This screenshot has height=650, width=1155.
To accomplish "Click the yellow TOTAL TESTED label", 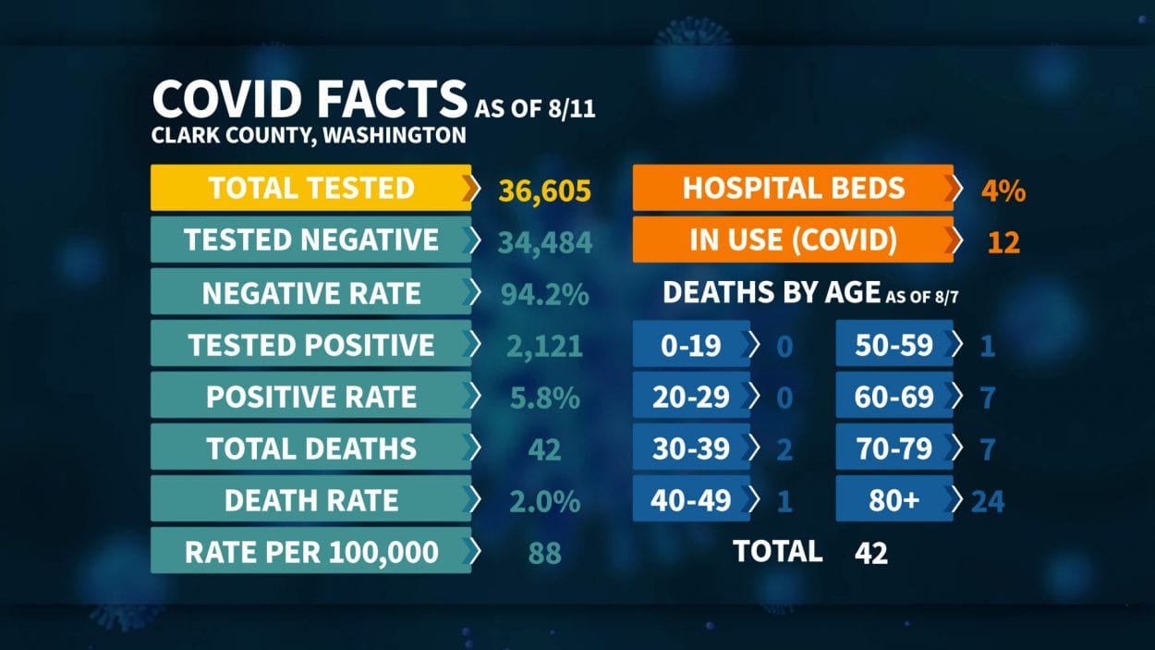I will (x=310, y=188).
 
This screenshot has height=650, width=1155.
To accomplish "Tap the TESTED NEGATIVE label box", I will (x=310, y=240).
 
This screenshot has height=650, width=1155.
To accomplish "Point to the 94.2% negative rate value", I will (x=543, y=294).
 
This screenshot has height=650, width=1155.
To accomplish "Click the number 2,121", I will (x=544, y=346).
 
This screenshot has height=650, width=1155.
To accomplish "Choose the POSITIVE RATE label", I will (x=310, y=398).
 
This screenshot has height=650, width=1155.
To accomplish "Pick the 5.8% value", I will (x=544, y=398).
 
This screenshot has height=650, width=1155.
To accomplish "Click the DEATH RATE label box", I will (x=310, y=501).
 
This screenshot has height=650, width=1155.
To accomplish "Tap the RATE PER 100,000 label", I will (x=310, y=553).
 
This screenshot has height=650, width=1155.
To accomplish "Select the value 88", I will (x=544, y=553).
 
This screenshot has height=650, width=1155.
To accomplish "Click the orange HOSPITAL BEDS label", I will (x=793, y=188).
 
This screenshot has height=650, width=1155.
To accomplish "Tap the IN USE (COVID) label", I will (x=793, y=240).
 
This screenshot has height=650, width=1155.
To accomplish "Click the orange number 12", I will (x=1003, y=242).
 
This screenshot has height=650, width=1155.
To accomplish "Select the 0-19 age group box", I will (x=691, y=346).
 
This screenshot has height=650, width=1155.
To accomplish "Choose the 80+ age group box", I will (x=894, y=501).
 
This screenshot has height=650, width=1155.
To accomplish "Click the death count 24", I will (x=987, y=501).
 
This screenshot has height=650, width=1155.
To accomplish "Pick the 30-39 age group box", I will (x=691, y=449).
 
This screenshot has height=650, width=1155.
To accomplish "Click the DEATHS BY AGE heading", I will (x=771, y=293).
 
